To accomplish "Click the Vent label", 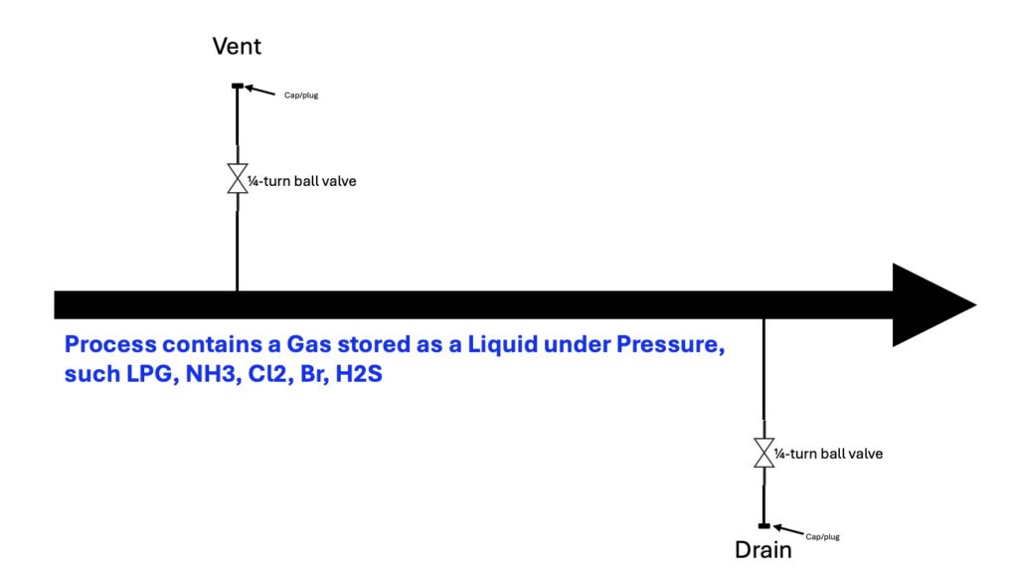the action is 237,46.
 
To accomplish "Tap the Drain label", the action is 763,549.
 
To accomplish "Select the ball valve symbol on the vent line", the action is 237,179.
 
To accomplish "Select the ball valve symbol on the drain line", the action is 764,453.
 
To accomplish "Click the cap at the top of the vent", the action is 238,86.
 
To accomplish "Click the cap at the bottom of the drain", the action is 764,525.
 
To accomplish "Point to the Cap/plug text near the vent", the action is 301,96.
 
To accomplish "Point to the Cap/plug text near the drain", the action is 822,536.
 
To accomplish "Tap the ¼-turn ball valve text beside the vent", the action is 302,181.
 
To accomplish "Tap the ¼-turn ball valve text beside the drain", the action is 828,454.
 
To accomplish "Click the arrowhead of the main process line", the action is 933,304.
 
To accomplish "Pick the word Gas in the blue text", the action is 309,343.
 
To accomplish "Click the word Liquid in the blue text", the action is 502,343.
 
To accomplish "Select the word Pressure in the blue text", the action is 670,344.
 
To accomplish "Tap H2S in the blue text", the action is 359,374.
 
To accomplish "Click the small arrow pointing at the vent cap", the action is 259,91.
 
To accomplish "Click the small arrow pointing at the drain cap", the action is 788,530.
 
